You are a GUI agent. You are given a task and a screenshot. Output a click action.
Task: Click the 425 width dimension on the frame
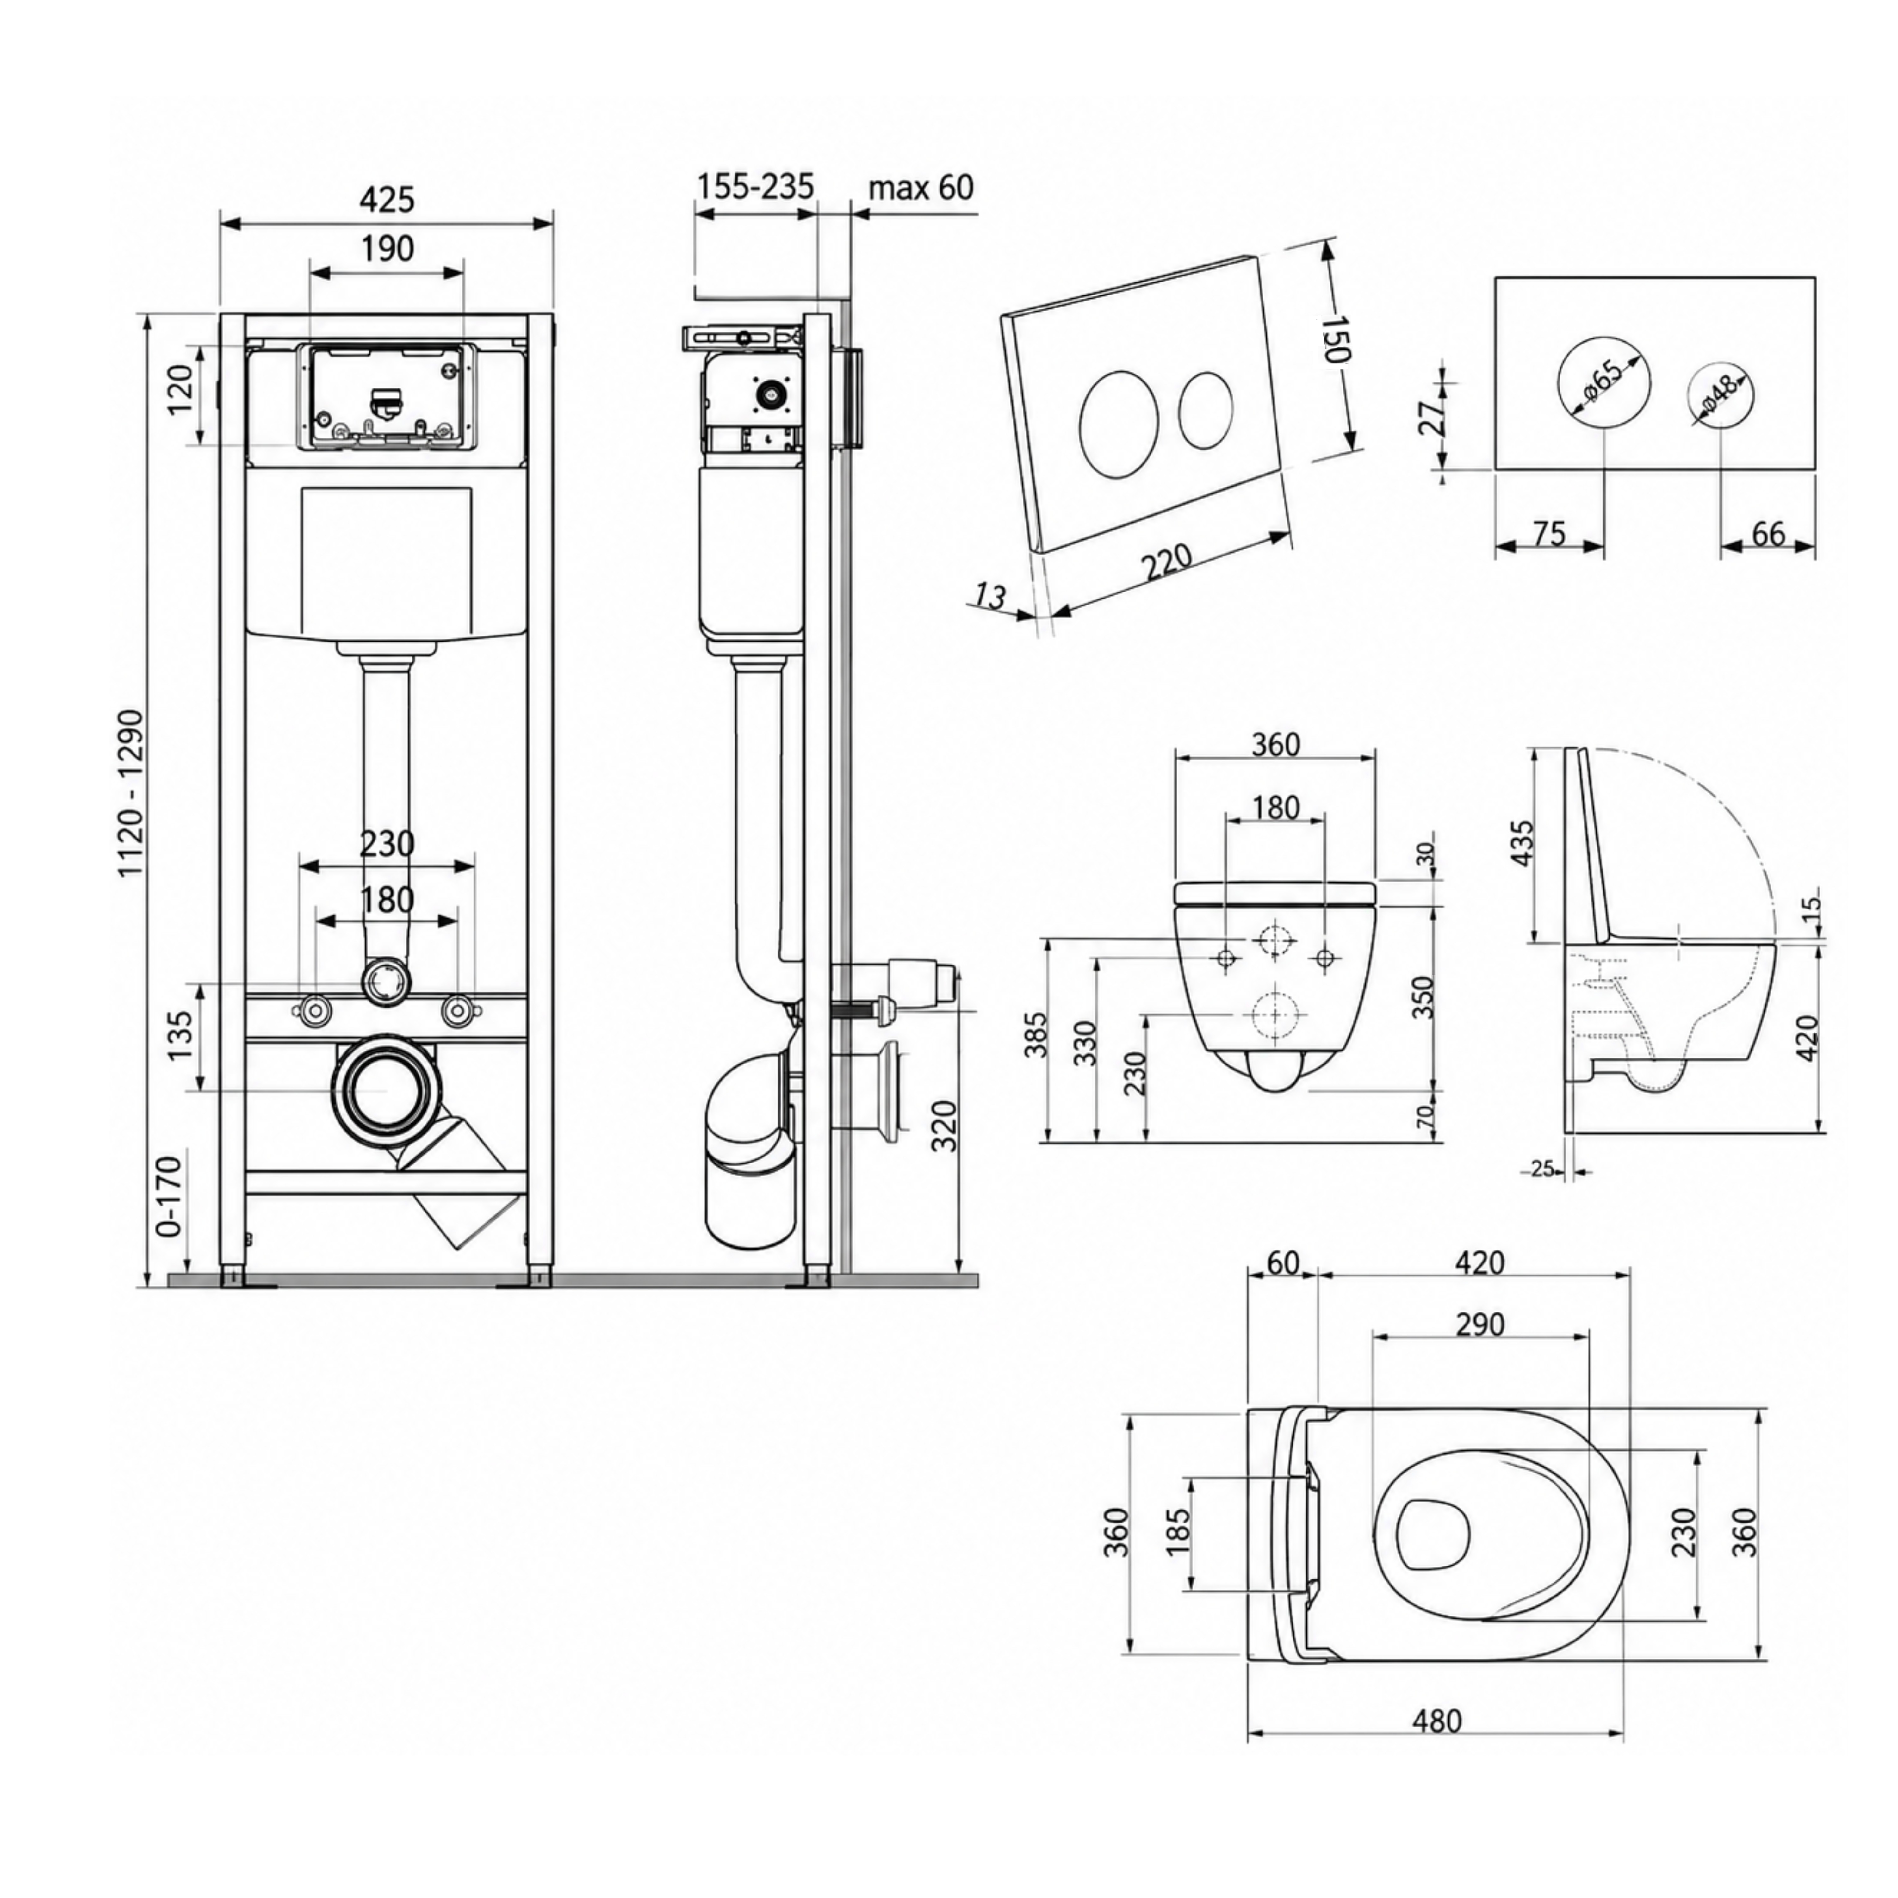tap(387, 199)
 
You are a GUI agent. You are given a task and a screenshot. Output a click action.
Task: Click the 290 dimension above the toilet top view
tap(1479, 1324)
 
